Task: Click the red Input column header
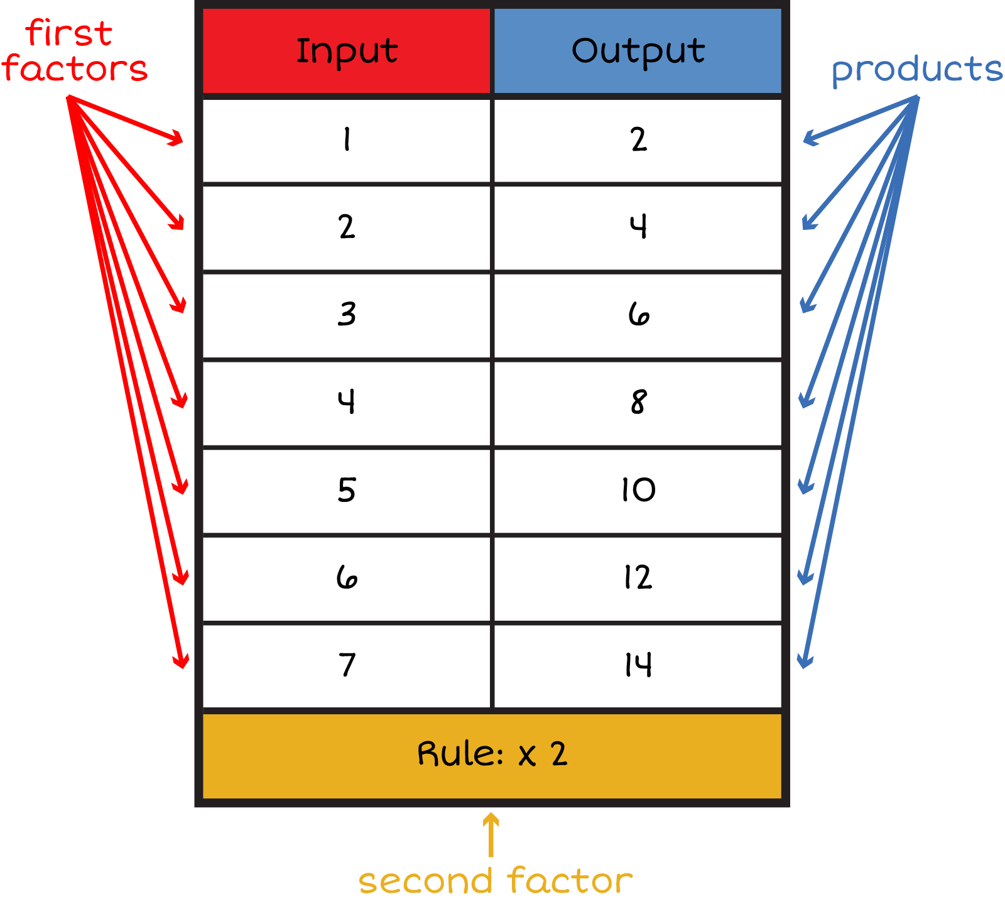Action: (x=346, y=51)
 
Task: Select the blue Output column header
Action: (x=638, y=51)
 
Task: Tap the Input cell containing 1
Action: (x=346, y=139)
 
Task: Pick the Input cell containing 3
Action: (x=346, y=314)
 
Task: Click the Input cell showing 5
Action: (x=346, y=490)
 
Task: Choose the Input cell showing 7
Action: (x=346, y=665)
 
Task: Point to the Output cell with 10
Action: (x=638, y=490)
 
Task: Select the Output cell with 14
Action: (x=638, y=665)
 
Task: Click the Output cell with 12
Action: (x=638, y=577)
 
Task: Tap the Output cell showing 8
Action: (x=638, y=402)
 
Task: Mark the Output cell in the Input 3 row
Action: (x=638, y=314)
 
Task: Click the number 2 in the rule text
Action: (x=559, y=754)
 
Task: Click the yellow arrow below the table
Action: (x=491, y=834)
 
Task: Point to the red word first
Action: (x=69, y=33)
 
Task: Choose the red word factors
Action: (x=75, y=68)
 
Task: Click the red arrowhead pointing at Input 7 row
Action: (x=181, y=661)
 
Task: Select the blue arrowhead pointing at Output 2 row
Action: (x=809, y=138)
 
